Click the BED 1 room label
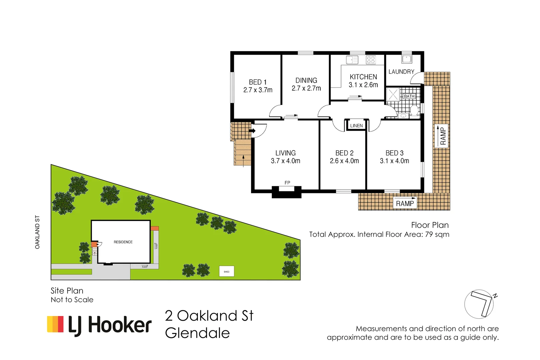click(x=258, y=82)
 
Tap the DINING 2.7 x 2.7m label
click(x=306, y=84)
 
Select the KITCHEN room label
click(x=363, y=77)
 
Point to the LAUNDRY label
click(x=401, y=72)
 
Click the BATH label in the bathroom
click(x=409, y=96)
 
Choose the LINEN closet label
click(x=356, y=126)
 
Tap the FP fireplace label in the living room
click(x=287, y=183)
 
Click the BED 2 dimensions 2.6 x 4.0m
click(x=344, y=161)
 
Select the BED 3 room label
click(x=394, y=153)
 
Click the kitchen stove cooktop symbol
click(x=371, y=60)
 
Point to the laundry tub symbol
click(x=407, y=59)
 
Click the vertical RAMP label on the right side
click(x=443, y=136)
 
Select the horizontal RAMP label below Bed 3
click(x=405, y=203)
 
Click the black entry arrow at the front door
click(x=252, y=131)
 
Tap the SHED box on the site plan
click(x=227, y=271)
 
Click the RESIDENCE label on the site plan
click(x=123, y=242)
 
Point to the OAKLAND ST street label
click(x=37, y=232)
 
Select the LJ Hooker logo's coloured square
click(x=55, y=324)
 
